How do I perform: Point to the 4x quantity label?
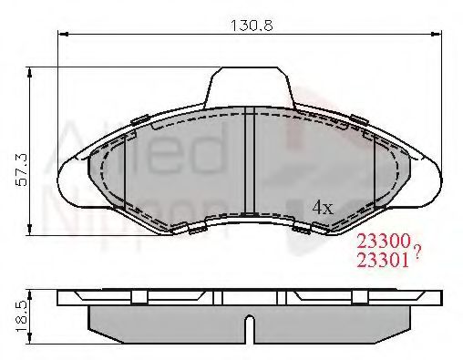(324, 207)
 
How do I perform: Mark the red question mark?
(417, 253)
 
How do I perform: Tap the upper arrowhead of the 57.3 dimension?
(34, 71)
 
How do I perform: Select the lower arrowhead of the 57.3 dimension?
(34, 230)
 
